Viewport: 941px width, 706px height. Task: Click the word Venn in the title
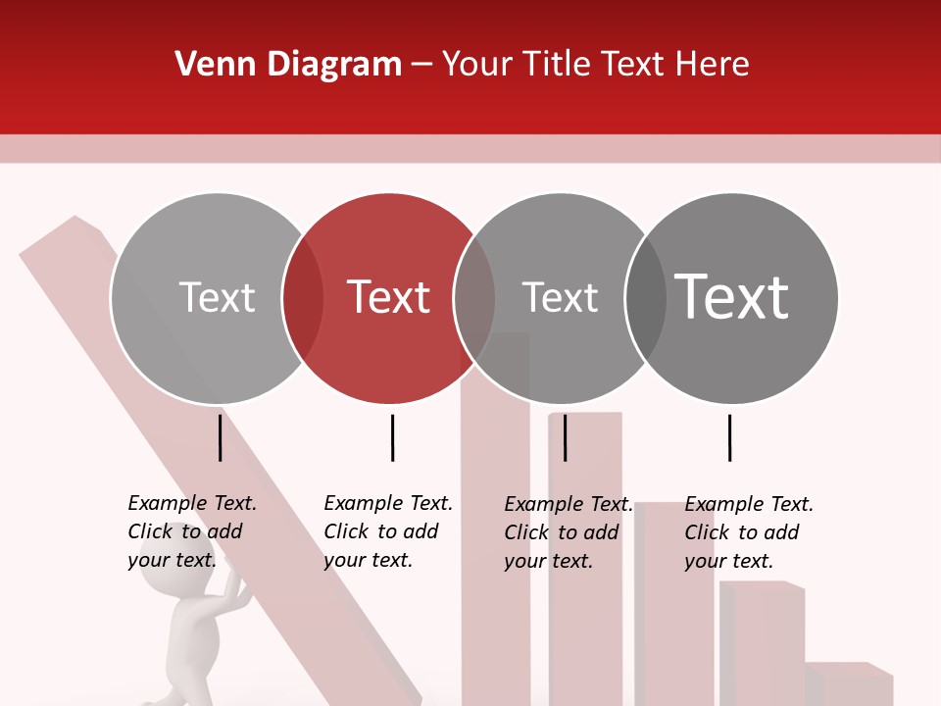click(x=207, y=65)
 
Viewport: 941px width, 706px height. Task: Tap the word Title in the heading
click(x=559, y=65)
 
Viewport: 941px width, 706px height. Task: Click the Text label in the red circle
click(x=389, y=297)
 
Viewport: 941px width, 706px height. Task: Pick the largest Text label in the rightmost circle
click(x=731, y=296)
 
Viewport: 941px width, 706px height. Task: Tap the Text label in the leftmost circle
click(x=217, y=297)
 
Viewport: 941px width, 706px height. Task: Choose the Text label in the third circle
click(x=560, y=297)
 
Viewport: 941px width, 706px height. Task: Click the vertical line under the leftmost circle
click(x=221, y=437)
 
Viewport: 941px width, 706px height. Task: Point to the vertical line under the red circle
click(x=392, y=437)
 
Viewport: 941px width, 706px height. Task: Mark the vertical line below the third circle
click(x=565, y=437)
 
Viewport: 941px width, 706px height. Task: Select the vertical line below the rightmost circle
click(x=729, y=437)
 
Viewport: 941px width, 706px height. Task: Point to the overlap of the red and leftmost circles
click(x=303, y=298)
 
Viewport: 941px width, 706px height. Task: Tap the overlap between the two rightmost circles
click(x=646, y=298)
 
